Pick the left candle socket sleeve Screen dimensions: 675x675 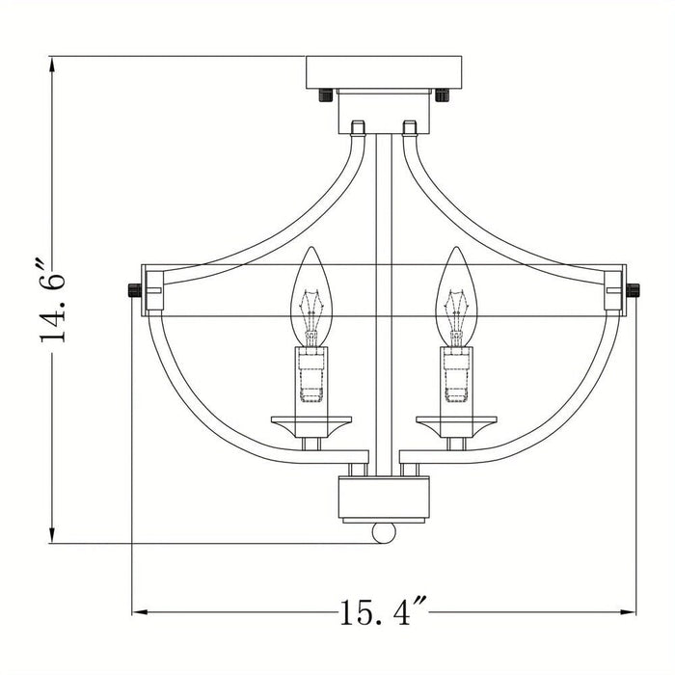point(311,376)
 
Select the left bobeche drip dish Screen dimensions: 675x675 point(311,421)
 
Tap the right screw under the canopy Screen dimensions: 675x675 point(442,94)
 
